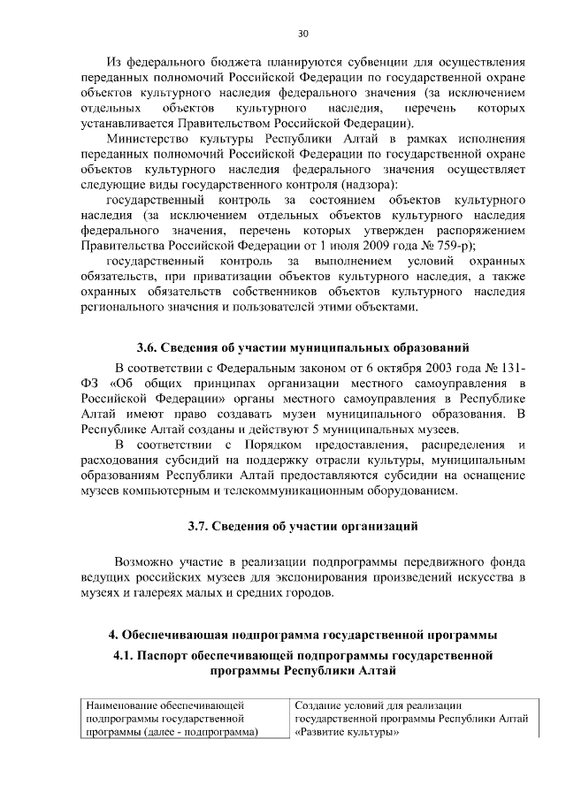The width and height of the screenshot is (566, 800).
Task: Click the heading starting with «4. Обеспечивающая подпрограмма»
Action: [302, 635]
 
